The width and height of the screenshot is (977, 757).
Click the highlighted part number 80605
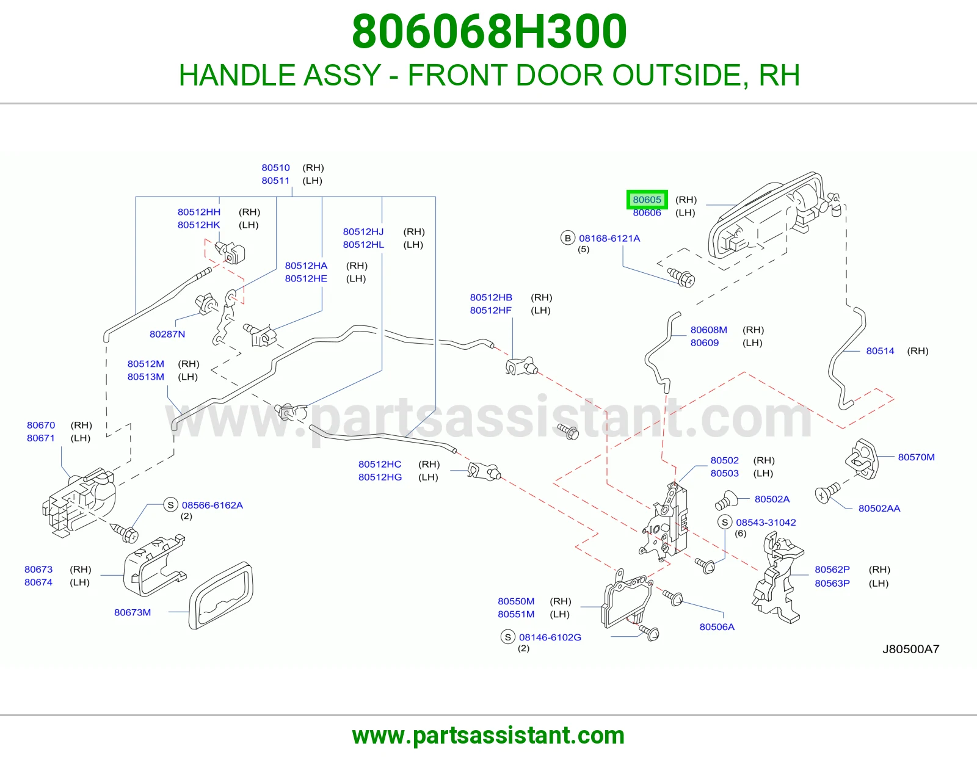click(647, 200)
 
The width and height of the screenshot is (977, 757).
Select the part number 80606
click(647, 212)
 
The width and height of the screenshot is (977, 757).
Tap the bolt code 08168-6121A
click(609, 238)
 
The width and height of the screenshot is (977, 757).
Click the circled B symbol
click(568, 238)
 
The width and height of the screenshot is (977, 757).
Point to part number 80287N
click(167, 334)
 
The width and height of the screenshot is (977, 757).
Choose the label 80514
click(881, 350)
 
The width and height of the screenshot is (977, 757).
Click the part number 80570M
click(917, 457)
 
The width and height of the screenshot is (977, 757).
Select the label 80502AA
click(879, 509)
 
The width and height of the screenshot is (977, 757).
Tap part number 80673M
click(133, 612)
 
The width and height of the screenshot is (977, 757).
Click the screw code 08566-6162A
click(212, 505)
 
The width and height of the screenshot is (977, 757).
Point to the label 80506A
click(717, 626)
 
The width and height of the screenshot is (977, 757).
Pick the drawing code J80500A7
click(911, 649)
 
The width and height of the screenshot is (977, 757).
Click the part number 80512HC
click(380, 464)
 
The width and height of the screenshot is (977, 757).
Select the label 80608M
click(708, 330)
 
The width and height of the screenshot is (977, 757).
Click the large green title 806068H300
click(489, 32)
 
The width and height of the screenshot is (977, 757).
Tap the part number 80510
click(275, 168)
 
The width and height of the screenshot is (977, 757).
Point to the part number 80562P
click(832, 569)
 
